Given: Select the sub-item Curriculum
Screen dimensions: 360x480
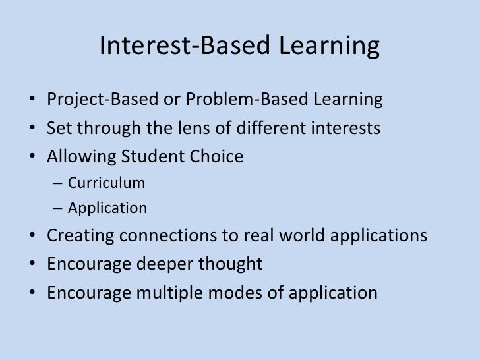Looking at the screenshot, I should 106,183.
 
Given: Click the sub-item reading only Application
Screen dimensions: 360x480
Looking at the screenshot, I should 107,209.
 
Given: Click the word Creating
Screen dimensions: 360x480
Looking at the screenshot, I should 80,236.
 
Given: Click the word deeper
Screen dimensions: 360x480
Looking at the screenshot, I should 166,264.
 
